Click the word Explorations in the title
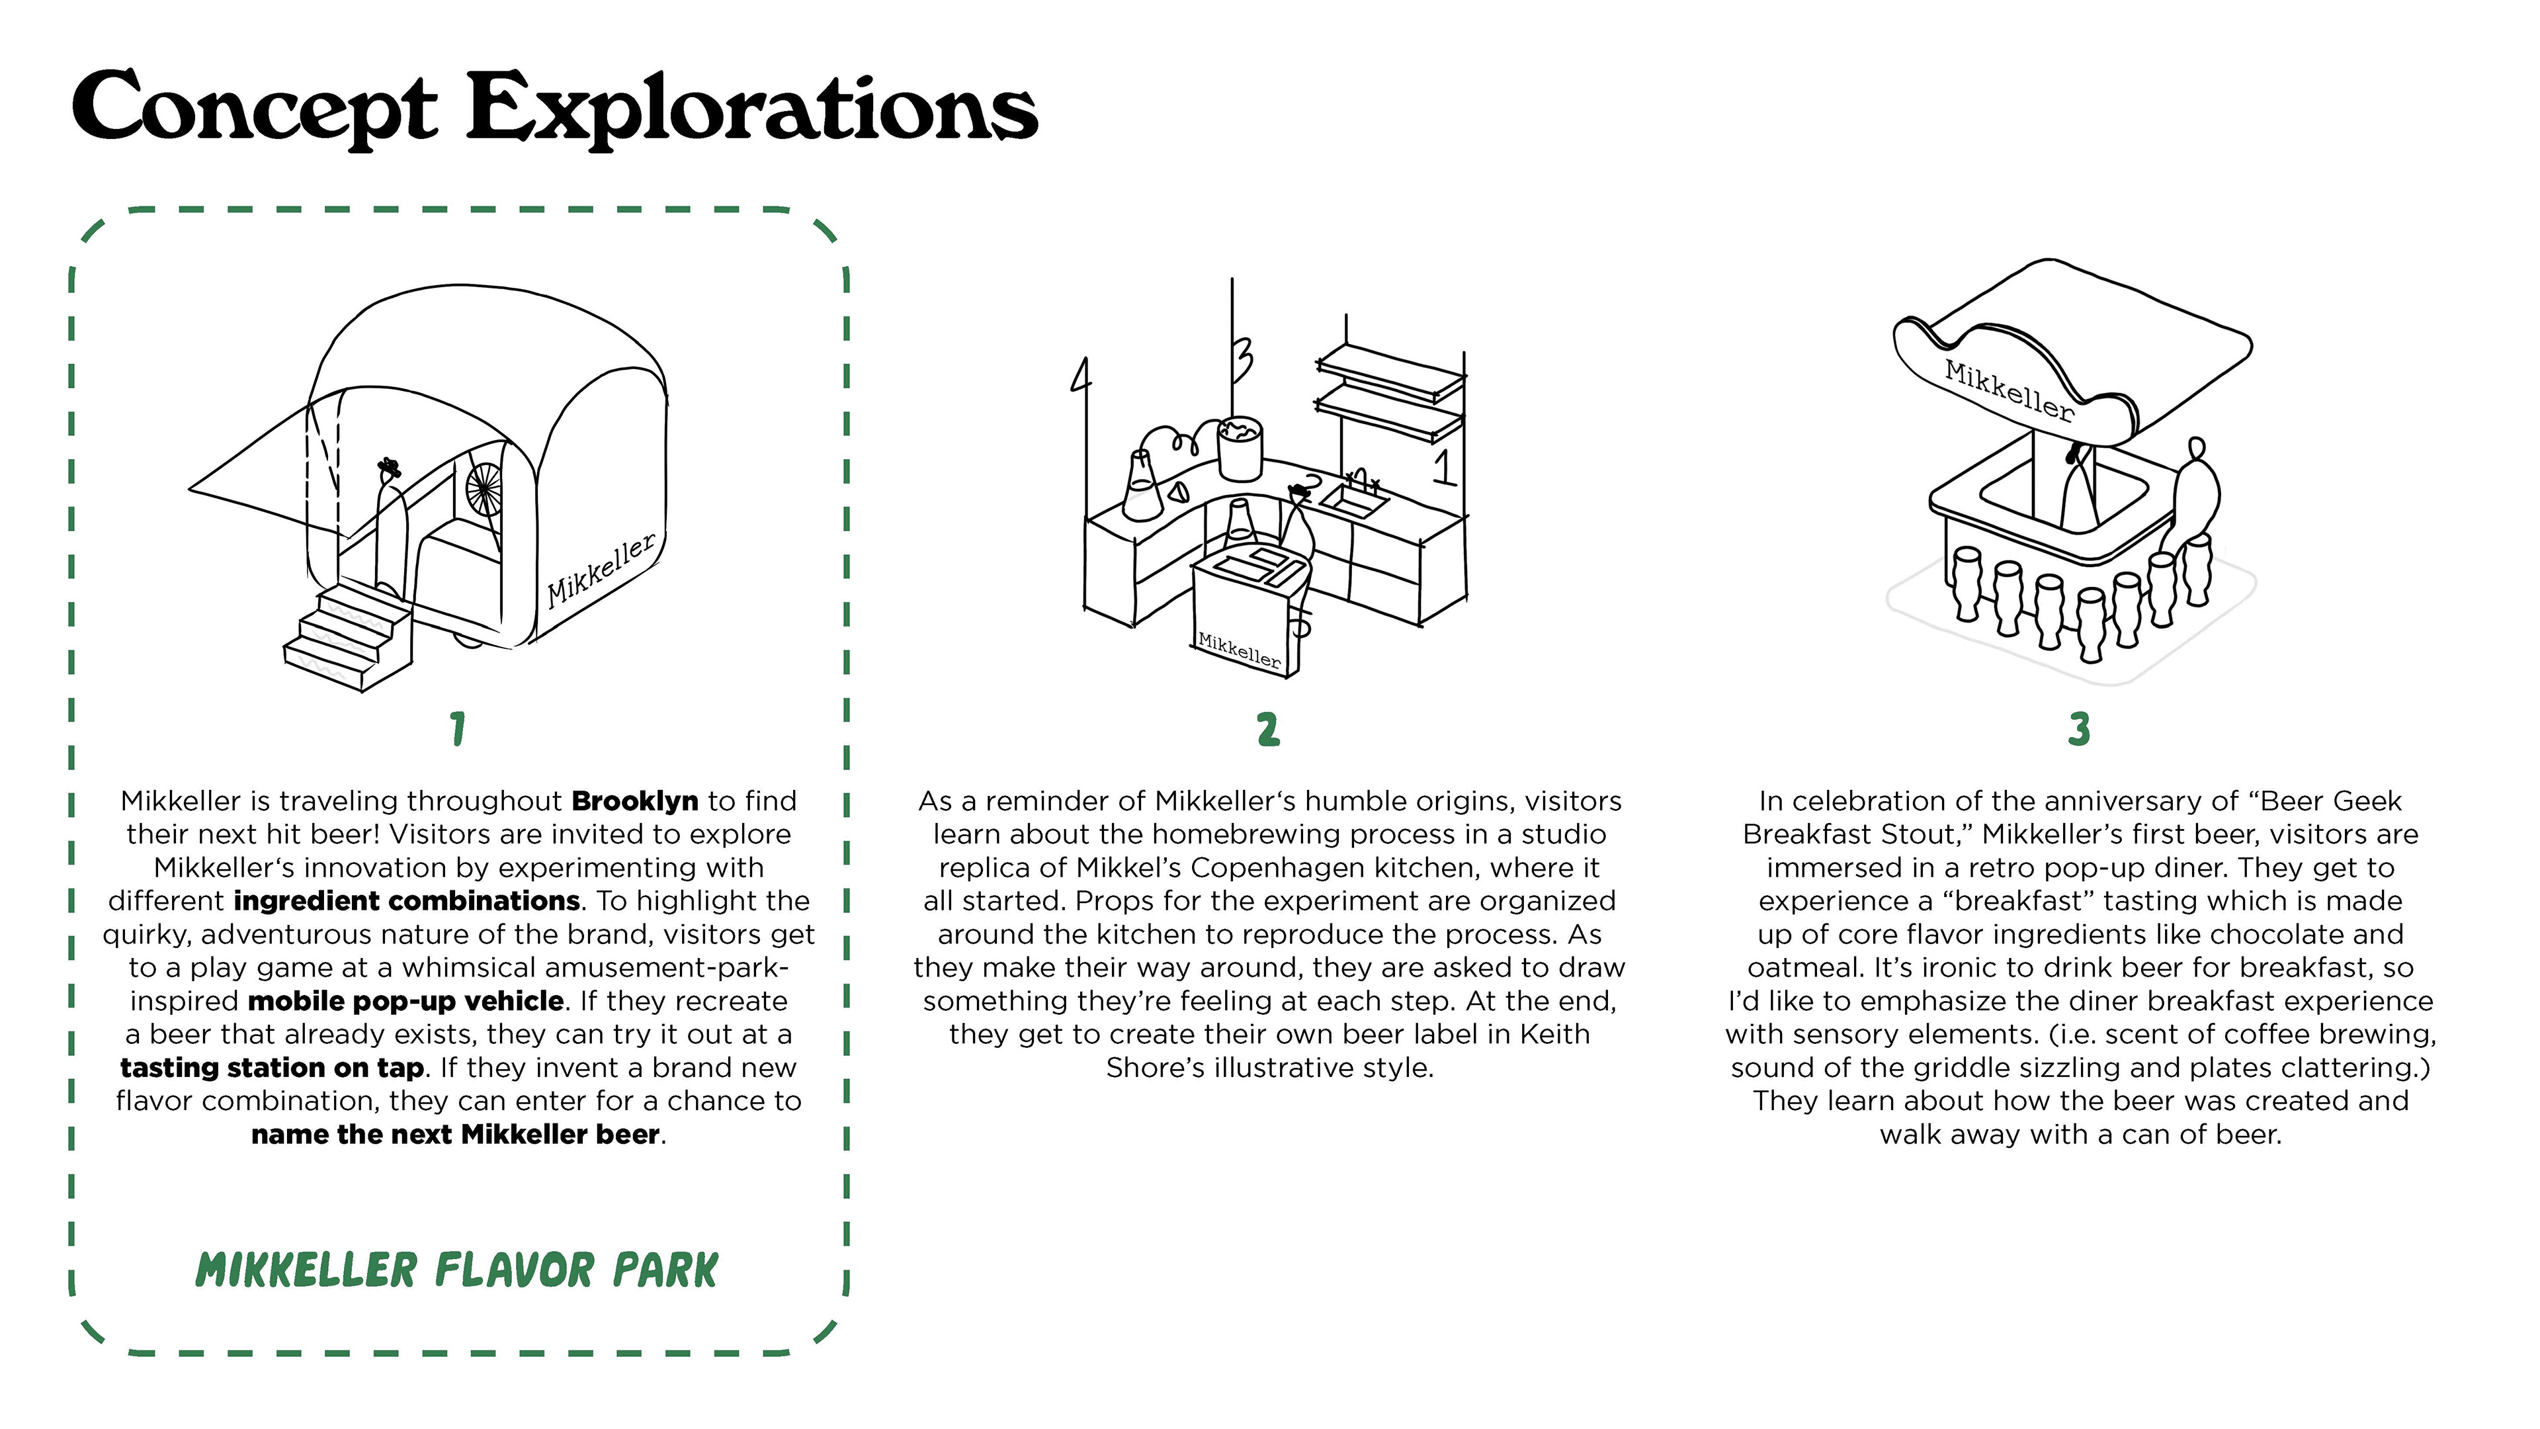[x=751, y=108]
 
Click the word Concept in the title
[x=255, y=108]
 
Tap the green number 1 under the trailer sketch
[x=458, y=730]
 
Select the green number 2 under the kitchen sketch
[x=1268, y=730]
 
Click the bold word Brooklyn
[x=634, y=801]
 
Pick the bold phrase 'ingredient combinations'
[x=406, y=900]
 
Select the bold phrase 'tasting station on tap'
[x=272, y=1067]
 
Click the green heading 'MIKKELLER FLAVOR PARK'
[x=456, y=1270]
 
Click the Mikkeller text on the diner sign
[x=2009, y=390]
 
